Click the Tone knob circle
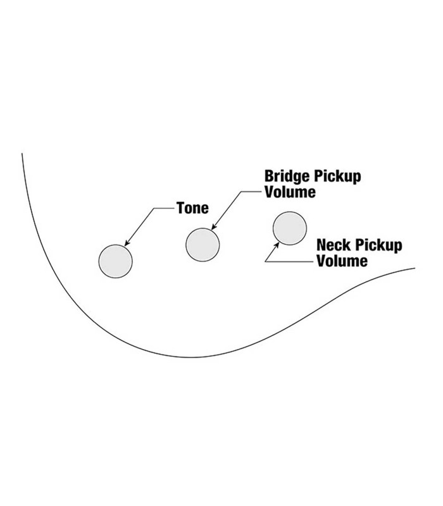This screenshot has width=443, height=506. click(x=116, y=260)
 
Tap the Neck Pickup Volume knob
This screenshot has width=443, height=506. click(x=289, y=228)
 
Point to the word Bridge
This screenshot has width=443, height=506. click(x=285, y=176)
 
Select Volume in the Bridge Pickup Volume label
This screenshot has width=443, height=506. click(x=289, y=192)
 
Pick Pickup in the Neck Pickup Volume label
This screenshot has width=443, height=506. click(x=378, y=245)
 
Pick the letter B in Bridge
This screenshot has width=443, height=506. click(x=268, y=176)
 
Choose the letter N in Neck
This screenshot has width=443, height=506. click(x=321, y=245)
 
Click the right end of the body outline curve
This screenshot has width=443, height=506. click(x=414, y=269)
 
